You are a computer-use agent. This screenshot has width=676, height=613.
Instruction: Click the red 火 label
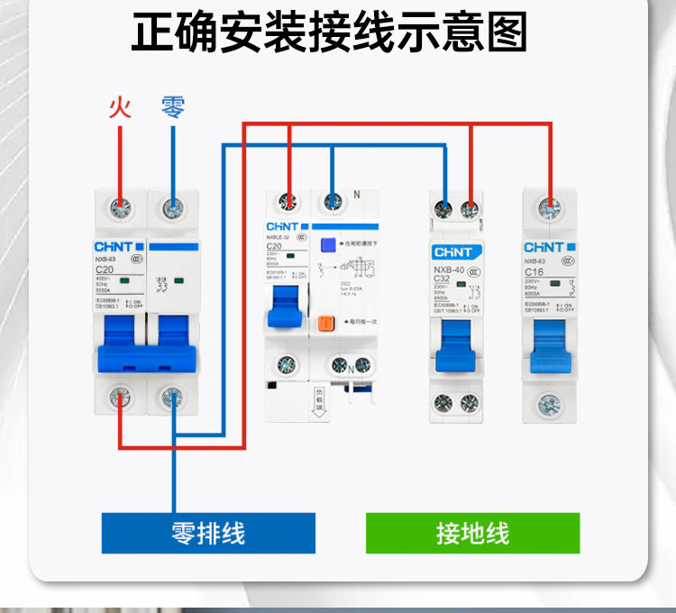pyautogui.click(x=120, y=108)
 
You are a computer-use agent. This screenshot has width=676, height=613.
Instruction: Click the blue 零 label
pyautogui.click(x=173, y=108)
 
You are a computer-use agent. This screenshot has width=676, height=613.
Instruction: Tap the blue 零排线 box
pyautogui.click(x=208, y=533)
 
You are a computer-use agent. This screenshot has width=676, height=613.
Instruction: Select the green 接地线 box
pyautogui.click(x=472, y=533)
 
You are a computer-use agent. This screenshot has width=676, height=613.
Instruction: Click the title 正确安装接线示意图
pyautogui.click(x=329, y=34)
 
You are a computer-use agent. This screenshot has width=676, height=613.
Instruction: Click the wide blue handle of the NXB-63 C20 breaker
pyautogui.click(x=146, y=348)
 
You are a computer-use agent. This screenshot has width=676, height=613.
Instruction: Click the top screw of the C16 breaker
pyautogui.click(x=550, y=209)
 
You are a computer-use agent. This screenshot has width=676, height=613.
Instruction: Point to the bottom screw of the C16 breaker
pyautogui.click(x=550, y=402)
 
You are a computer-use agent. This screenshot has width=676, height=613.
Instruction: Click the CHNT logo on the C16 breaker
pyautogui.click(x=544, y=246)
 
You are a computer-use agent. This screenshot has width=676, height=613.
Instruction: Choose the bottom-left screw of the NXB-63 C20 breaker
pyautogui.click(x=120, y=395)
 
